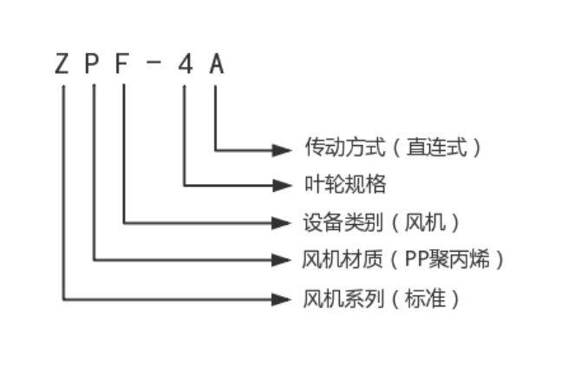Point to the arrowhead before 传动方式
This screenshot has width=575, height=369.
coord(282,149)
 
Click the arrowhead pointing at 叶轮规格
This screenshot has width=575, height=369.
coord(282,185)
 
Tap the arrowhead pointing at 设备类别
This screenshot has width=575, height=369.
coord(282,222)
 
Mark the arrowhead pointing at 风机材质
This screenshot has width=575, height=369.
coord(282,260)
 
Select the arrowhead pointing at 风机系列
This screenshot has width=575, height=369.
coord(282,299)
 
